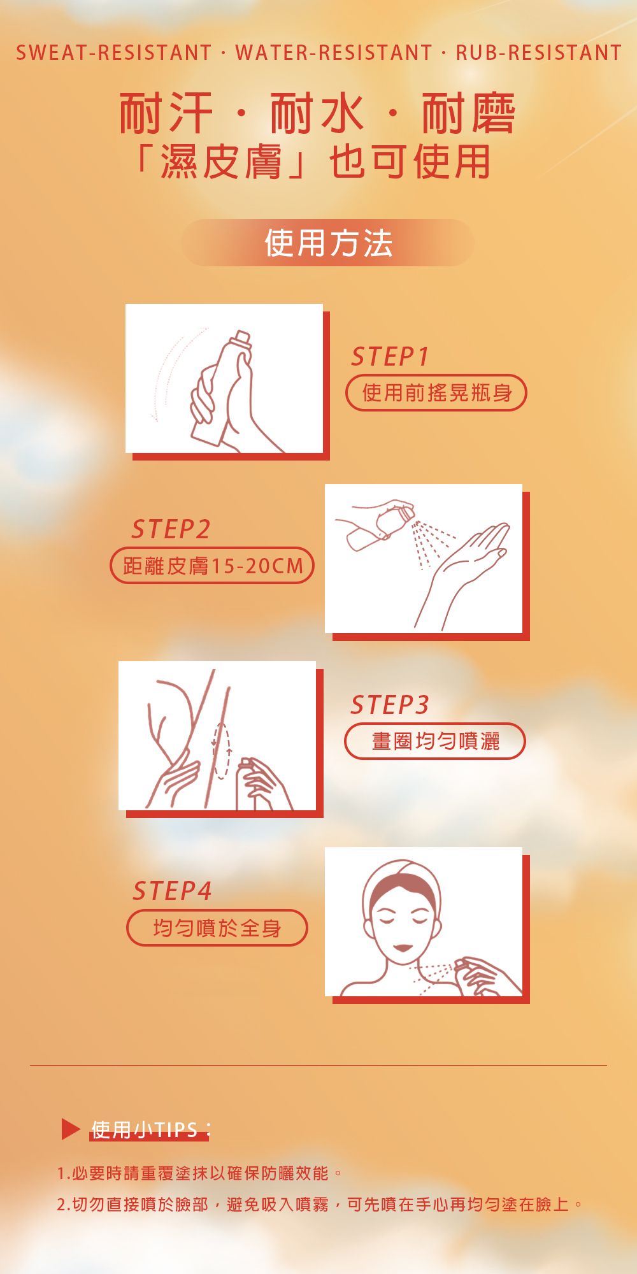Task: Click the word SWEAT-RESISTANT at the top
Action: (114, 52)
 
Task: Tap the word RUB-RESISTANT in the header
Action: (539, 52)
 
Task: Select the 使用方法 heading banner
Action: (327, 243)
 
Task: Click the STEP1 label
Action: (390, 357)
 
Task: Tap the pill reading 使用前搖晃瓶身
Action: (436, 393)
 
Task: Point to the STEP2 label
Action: (170, 529)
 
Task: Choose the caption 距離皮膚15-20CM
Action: (212, 566)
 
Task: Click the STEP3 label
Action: (390, 705)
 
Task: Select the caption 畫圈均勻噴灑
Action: (435, 741)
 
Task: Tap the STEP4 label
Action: (172, 891)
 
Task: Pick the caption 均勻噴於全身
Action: (217, 928)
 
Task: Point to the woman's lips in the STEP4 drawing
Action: (403, 948)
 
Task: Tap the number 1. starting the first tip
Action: (63, 1173)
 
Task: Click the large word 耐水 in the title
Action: (317, 114)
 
